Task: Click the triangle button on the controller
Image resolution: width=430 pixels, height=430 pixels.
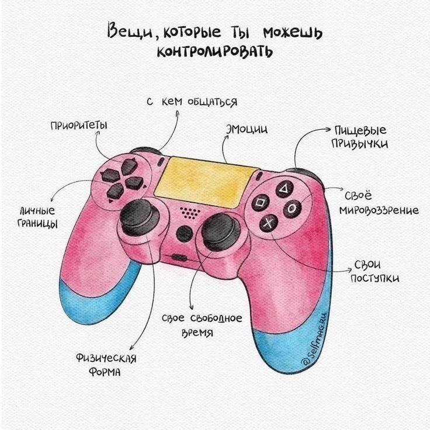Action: click(x=283, y=189)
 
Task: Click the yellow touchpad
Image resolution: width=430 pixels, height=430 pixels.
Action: click(x=207, y=179)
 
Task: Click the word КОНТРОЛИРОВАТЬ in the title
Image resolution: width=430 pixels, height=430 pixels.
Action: click(x=215, y=52)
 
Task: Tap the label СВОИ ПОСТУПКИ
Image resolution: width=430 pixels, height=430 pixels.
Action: click(x=374, y=272)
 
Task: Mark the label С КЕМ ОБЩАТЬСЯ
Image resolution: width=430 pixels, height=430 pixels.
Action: click(x=192, y=102)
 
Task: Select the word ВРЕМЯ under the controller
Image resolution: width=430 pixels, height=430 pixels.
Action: click(x=196, y=333)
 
